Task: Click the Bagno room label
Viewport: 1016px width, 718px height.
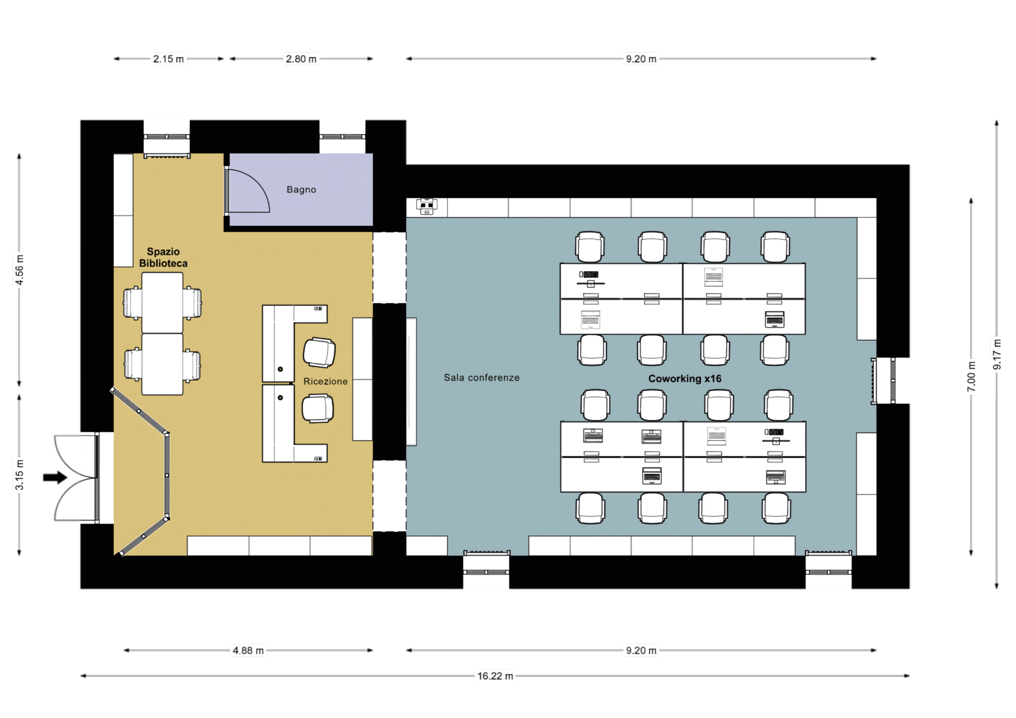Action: pos(301,189)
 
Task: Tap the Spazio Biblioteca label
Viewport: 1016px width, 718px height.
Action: pos(163,257)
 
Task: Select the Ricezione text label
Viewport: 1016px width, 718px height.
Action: pos(325,381)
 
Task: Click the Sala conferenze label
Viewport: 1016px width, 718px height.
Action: pos(482,378)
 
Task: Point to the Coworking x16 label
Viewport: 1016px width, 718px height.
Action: pos(685,379)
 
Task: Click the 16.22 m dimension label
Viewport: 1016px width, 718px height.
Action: pos(495,676)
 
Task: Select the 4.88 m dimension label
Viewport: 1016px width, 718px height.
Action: pos(248,650)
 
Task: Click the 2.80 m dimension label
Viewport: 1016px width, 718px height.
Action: pos(301,59)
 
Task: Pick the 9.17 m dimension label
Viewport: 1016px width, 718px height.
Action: pos(997,354)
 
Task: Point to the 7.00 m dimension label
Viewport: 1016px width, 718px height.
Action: pos(971,376)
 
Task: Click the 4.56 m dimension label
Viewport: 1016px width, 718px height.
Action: pos(19,270)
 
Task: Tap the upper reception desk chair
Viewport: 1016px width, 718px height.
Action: pos(319,352)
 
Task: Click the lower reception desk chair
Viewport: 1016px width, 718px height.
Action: pos(317,409)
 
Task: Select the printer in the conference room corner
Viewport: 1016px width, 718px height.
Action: pos(427,206)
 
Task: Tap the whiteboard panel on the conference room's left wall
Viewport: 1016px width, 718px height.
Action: pos(411,381)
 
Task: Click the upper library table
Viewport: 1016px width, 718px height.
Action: pos(162,303)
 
